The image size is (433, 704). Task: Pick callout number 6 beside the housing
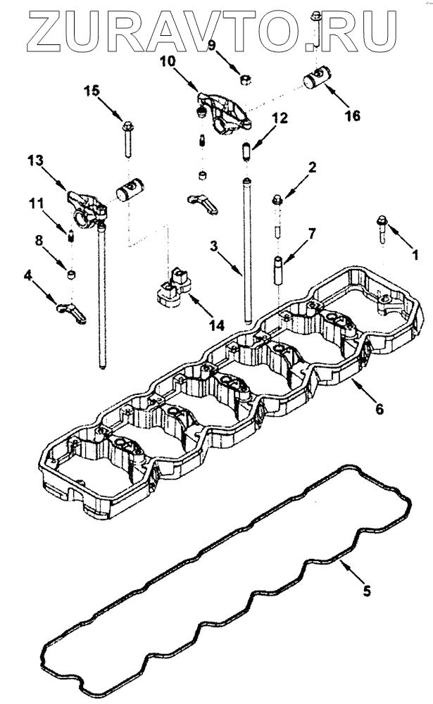pyautogui.click(x=379, y=408)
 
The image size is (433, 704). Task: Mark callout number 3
pyautogui.click(x=213, y=246)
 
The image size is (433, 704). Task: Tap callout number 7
pyautogui.click(x=311, y=232)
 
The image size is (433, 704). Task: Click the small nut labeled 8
pyautogui.click(x=71, y=274)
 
